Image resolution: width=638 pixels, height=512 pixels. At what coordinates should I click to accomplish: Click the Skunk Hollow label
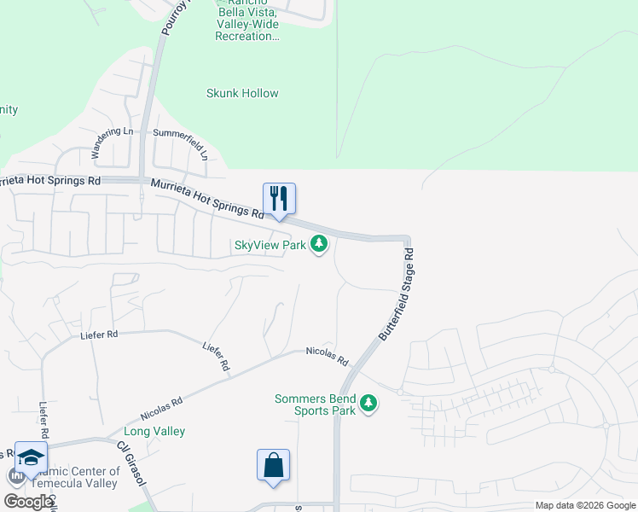point(242,93)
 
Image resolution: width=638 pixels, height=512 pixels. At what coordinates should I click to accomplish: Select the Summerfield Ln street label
point(181,144)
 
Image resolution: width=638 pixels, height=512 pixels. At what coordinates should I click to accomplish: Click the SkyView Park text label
point(270,245)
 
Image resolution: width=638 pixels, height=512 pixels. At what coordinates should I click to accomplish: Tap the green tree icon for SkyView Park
point(319,245)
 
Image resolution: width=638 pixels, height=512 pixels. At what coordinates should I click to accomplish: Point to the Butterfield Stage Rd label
point(396,294)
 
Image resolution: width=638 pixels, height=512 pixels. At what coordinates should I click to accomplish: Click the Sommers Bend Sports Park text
point(315,404)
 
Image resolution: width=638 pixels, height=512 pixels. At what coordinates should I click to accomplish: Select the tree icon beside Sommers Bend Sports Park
point(368,402)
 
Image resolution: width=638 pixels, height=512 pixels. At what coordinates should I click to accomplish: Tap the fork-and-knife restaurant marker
point(279,200)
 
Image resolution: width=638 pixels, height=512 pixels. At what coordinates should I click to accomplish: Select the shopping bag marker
point(273,466)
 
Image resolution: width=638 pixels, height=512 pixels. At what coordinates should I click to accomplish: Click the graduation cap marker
point(31,458)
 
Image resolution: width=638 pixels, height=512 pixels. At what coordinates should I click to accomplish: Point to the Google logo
point(28,502)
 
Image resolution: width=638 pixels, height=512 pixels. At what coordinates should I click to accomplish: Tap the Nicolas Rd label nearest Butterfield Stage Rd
point(328,357)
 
